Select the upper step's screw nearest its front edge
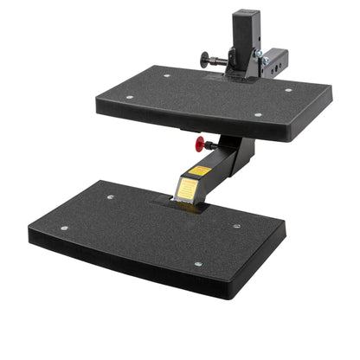[257, 114]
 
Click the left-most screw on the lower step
[64, 228]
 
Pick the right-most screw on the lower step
[236, 226]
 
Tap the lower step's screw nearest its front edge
[197, 264]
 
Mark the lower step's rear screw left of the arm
[111, 196]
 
